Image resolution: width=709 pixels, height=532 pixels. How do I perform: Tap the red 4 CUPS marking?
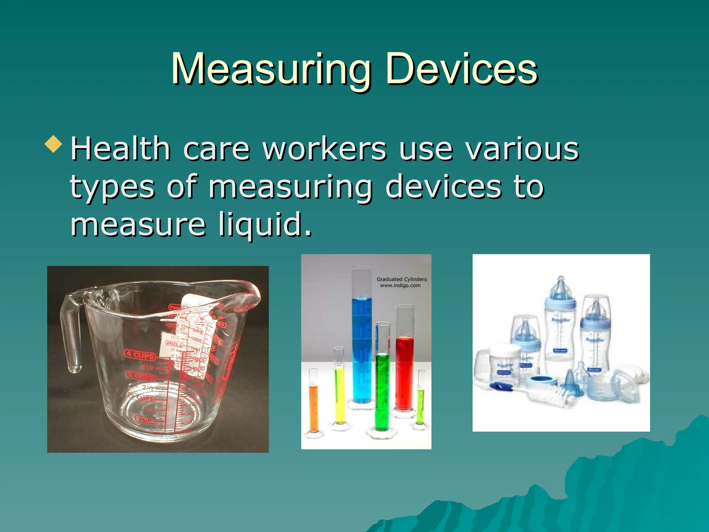140,355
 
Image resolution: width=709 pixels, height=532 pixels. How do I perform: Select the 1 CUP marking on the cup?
142,419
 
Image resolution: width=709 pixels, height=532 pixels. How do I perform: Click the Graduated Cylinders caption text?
402,279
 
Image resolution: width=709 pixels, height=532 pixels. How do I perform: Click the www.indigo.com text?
400,286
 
